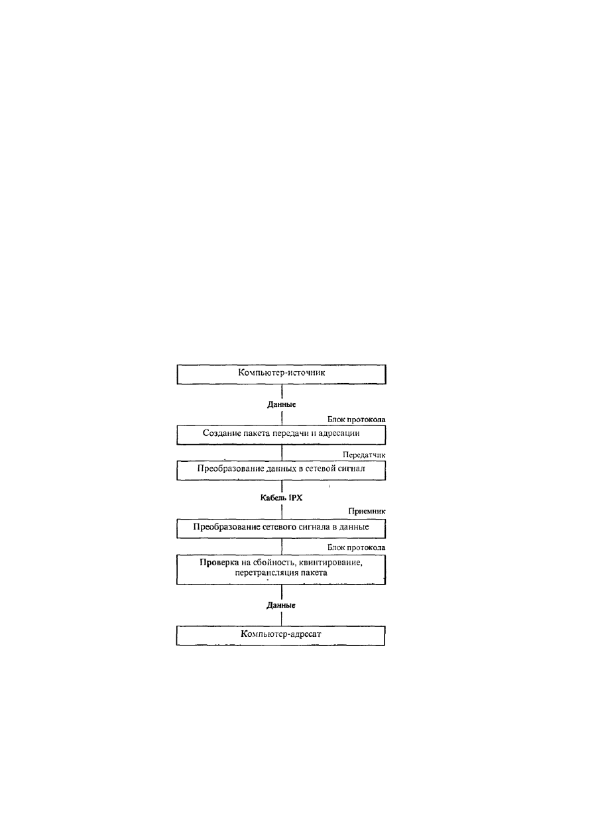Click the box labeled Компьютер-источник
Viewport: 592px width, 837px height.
[281, 374]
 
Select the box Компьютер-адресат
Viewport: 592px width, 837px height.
[280, 636]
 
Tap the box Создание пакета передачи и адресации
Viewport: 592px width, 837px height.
[281, 435]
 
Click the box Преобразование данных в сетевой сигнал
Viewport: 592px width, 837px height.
[281, 471]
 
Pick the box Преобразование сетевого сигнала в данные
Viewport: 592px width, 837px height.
[281, 529]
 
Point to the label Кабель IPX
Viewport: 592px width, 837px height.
[281, 498]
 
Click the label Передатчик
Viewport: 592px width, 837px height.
[364, 455]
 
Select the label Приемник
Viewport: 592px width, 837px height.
[367, 511]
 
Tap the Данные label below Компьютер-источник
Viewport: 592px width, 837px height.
[282, 404]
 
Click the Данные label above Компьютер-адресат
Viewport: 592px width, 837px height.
[281, 605]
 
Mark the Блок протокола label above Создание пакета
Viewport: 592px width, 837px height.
[356, 419]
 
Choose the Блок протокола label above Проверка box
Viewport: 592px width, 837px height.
[356, 548]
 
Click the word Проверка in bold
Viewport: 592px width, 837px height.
[219, 563]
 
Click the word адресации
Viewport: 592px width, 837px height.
[341, 433]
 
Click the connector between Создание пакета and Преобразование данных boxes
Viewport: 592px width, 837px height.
[282, 453]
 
